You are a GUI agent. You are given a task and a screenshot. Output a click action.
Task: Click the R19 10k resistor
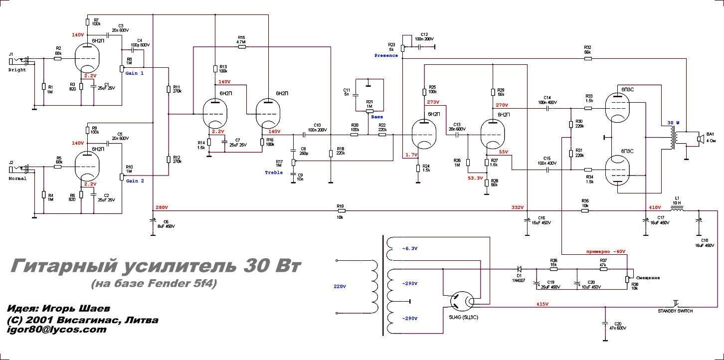tap(341, 211)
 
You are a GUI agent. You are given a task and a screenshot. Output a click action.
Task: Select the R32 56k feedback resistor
tap(588, 59)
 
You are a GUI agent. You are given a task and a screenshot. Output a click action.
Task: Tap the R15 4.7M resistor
tap(241, 48)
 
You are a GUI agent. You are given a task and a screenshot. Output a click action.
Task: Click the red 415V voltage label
tap(542, 304)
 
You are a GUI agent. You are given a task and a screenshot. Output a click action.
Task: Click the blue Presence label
tap(386, 55)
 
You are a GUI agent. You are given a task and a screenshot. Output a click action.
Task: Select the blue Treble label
tap(274, 173)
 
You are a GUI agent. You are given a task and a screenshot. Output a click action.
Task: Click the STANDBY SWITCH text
tap(675, 311)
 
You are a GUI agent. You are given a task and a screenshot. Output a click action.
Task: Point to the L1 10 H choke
tap(677, 210)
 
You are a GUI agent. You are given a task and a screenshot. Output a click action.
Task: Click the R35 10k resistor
tap(585, 211)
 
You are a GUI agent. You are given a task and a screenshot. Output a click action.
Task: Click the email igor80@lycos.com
tap(56, 330)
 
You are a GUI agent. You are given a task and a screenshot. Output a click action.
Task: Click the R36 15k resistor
tap(553, 269)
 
